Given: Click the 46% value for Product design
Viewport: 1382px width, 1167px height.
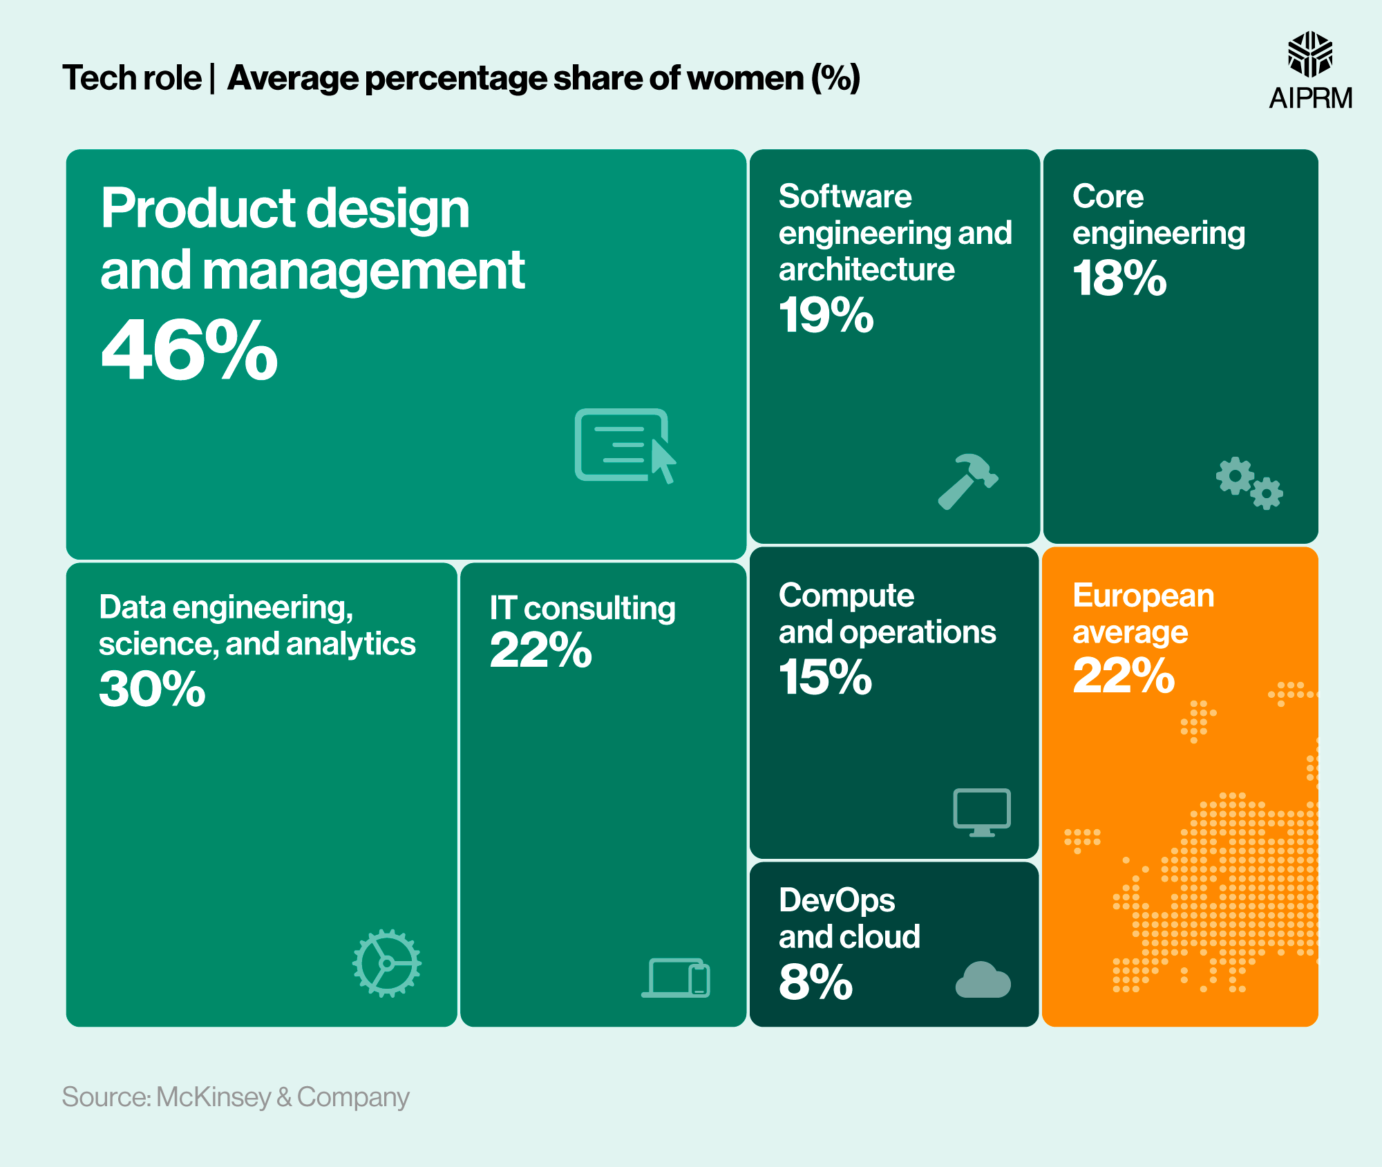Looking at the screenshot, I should tap(189, 350).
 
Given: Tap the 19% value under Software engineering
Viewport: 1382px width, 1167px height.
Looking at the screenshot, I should tap(826, 316).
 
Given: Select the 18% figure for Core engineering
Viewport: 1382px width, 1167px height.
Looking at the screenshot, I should tap(1119, 278).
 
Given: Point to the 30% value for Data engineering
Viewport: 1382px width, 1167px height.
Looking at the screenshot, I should tap(152, 690).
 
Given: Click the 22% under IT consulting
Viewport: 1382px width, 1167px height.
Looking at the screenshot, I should tap(540, 651).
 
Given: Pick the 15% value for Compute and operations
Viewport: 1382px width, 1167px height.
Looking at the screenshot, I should tap(825, 677).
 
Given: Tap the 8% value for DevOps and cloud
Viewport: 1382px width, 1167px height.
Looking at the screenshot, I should tap(815, 982).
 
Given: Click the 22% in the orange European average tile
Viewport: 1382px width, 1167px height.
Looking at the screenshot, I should tap(1124, 676).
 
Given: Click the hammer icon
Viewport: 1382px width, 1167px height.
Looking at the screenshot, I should tap(967, 482).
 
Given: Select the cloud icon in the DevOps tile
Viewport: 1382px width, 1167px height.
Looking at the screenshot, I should tap(983, 980).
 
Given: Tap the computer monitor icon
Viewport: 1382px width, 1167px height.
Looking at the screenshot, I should tap(982, 812).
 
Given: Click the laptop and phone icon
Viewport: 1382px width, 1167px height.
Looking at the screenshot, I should tap(676, 978).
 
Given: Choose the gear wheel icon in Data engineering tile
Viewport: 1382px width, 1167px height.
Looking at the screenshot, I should tap(387, 963).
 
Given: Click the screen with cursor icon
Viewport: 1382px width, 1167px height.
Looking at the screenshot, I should tap(625, 446).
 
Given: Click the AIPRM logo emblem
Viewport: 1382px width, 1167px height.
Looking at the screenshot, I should tap(1309, 54).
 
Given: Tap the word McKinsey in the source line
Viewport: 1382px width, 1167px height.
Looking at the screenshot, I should tap(214, 1097).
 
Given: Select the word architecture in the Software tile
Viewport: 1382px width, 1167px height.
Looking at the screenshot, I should tap(866, 269).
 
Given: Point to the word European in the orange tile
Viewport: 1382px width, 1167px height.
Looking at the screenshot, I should tap(1143, 596).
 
